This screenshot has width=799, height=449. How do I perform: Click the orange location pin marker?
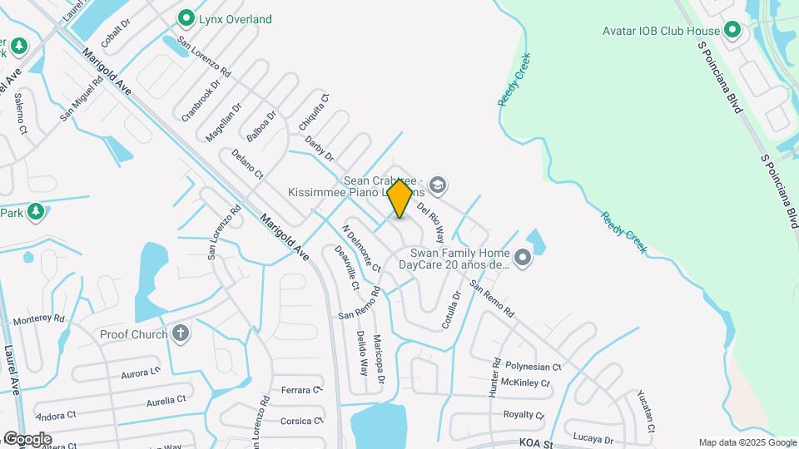coord(399,198)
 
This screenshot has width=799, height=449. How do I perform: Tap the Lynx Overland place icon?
coord(186,17)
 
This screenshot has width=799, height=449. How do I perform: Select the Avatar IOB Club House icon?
coord(732,31)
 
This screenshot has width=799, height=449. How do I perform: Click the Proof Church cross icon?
coord(181,334)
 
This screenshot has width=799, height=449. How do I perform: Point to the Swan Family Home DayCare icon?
coord(522,259)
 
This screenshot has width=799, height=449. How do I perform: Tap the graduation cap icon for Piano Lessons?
coord(439,185)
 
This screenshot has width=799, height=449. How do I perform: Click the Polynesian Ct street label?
coord(533,367)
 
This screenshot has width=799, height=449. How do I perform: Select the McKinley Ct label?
coord(527,383)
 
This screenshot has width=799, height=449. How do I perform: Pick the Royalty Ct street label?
coord(524,414)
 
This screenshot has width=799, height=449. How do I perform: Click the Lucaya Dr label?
coord(593,438)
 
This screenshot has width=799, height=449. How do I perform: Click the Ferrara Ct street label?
coord(300,389)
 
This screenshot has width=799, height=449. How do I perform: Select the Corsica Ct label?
coord(300,421)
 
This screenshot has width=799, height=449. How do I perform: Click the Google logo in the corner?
coord(27,438)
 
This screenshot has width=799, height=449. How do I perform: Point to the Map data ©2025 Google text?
coord(747,442)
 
